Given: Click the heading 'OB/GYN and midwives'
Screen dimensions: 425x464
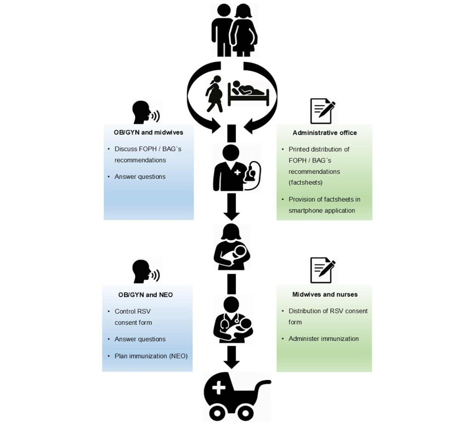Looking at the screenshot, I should point(148,132).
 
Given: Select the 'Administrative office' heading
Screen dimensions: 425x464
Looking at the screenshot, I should point(324,133).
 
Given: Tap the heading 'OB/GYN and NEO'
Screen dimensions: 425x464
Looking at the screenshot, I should point(145,295).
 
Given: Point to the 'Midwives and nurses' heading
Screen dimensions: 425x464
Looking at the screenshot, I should point(325,294).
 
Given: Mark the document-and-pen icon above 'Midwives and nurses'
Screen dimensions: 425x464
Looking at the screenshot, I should point(322,270).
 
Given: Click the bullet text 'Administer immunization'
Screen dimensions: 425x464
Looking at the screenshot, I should point(324,339).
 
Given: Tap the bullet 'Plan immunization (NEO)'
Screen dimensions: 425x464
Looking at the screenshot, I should point(151,356).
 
